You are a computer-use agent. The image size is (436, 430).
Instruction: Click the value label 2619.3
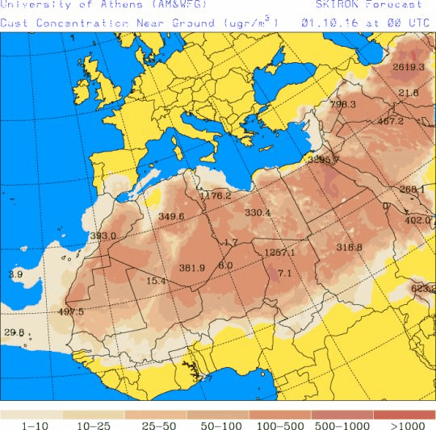408,67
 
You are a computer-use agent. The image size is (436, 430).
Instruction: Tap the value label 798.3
343,105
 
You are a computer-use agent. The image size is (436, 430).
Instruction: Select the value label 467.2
390,121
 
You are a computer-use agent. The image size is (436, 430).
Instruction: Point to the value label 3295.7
324,160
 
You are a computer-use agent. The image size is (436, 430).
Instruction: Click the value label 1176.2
216,196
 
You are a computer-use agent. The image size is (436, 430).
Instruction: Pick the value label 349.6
171,216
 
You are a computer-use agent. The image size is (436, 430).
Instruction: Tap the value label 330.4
258,213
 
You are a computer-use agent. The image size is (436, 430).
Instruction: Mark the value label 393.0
103,236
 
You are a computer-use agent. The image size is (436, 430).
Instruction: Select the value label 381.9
192,268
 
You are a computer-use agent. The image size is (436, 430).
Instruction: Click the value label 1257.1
280,253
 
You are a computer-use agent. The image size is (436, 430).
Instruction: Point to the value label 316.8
349,247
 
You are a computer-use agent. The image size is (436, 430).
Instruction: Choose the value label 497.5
71,312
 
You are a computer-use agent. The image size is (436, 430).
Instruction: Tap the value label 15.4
156,281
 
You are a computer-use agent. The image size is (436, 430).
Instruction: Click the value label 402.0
417,219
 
